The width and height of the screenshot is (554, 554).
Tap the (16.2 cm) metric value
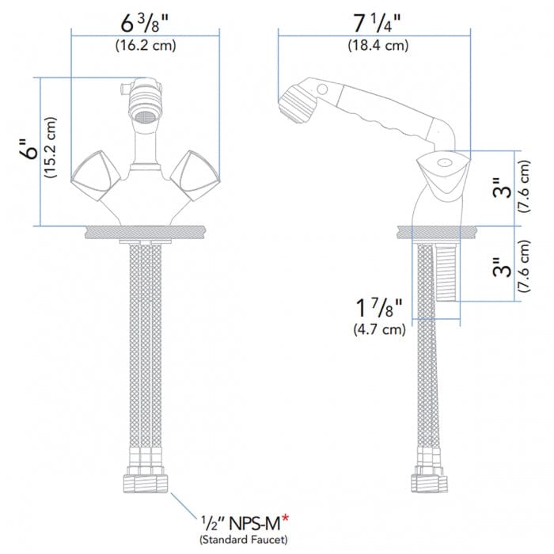(145, 45)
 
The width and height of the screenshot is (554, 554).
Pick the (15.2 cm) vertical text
(52, 150)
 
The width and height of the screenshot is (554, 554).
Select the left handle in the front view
(96, 176)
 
